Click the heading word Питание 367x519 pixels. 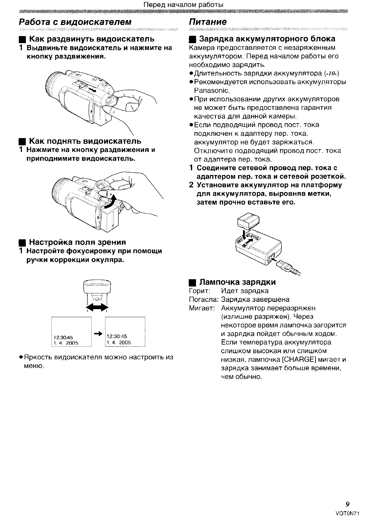[x=207, y=22]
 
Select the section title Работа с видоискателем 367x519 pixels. [x=75, y=22]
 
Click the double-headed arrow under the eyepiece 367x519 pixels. [x=97, y=307]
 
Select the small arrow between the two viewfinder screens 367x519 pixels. [x=98, y=333]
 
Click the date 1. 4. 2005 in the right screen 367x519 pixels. [x=119, y=342]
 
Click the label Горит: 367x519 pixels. [x=199, y=291]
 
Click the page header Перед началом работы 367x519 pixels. [x=184, y=5]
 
